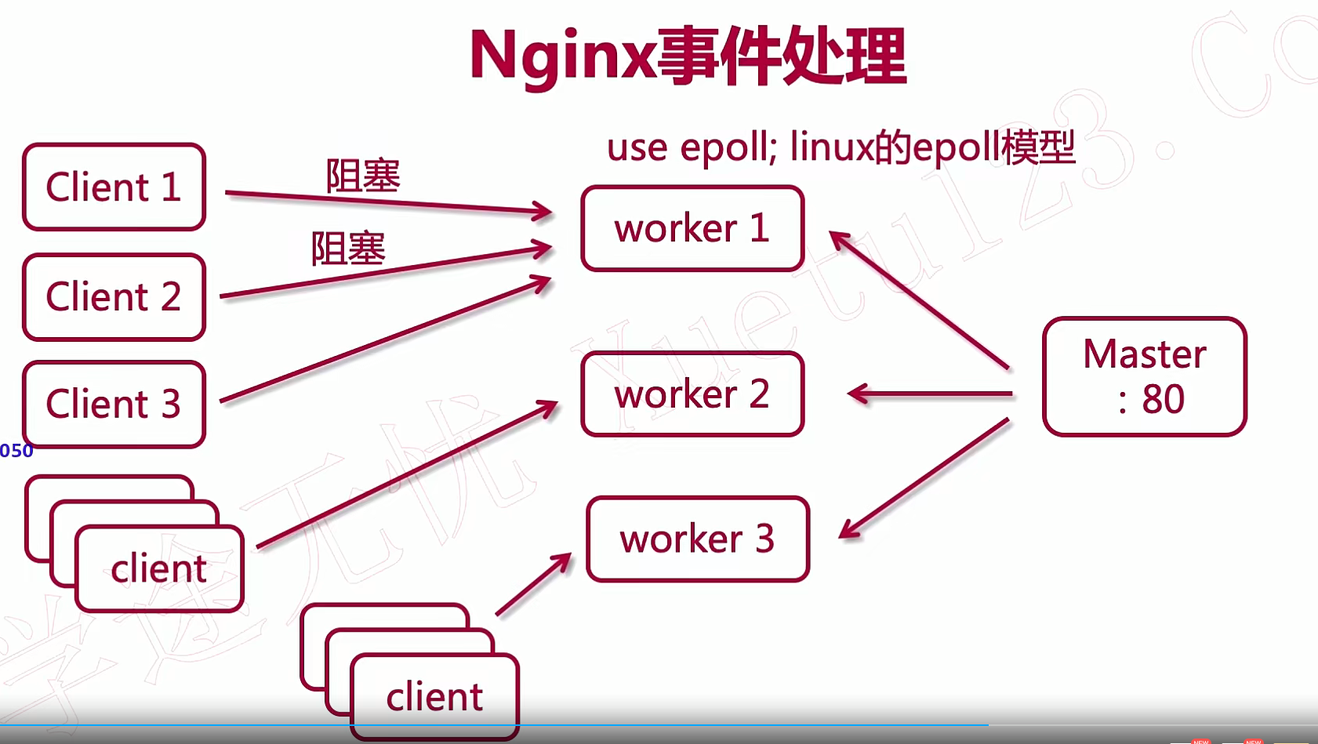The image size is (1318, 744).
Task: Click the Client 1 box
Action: (x=114, y=187)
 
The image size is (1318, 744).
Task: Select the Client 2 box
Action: (x=114, y=296)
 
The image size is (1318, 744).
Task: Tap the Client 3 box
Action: (x=114, y=404)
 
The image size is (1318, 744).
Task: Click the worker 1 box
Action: (x=692, y=228)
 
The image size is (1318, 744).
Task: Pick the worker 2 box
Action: (x=692, y=394)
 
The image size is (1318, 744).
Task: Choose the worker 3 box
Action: (x=697, y=539)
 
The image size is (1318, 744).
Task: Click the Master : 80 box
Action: (x=1144, y=376)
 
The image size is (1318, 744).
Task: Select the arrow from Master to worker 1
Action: (x=919, y=299)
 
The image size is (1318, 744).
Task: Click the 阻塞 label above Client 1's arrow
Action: (x=363, y=176)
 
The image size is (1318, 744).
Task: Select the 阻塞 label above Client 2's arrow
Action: (x=348, y=249)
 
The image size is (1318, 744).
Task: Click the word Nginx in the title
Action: (x=562, y=56)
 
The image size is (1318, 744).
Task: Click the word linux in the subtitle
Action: (x=831, y=147)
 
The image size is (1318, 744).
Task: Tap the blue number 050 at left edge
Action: (x=16, y=451)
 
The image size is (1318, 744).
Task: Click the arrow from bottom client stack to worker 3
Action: (x=534, y=584)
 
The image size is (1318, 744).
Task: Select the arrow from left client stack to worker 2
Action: (x=408, y=474)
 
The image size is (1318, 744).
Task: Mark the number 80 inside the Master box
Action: (x=1163, y=399)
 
